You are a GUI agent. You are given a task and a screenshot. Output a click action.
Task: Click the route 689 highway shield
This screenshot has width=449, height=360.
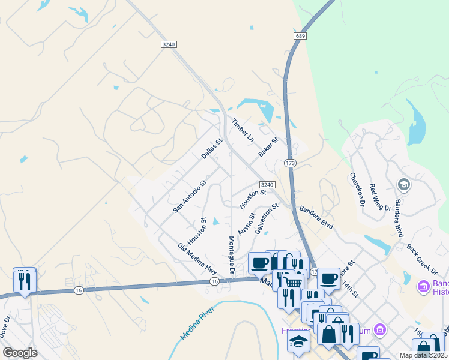click(300, 37)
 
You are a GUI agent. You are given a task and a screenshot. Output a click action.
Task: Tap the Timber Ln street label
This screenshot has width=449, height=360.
click(243, 130)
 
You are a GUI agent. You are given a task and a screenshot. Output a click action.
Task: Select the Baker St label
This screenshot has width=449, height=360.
click(268, 148)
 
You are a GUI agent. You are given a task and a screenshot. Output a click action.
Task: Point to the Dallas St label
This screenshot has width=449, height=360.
click(212, 149)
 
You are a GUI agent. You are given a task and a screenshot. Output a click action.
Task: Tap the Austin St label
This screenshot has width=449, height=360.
click(246, 224)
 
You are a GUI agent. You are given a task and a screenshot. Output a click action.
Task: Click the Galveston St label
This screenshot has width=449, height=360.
click(267, 218)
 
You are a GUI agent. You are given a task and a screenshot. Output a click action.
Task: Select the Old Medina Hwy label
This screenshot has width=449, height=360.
click(197, 259)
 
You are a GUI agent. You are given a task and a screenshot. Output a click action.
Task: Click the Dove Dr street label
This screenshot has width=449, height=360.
click(5, 327)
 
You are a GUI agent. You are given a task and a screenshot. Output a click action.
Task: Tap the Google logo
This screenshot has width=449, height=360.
click(20, 353)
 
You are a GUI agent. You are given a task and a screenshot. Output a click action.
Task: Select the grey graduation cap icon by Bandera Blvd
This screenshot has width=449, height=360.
click(403, 184)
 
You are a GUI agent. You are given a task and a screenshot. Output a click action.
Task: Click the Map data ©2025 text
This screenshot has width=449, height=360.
click(424, 355)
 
